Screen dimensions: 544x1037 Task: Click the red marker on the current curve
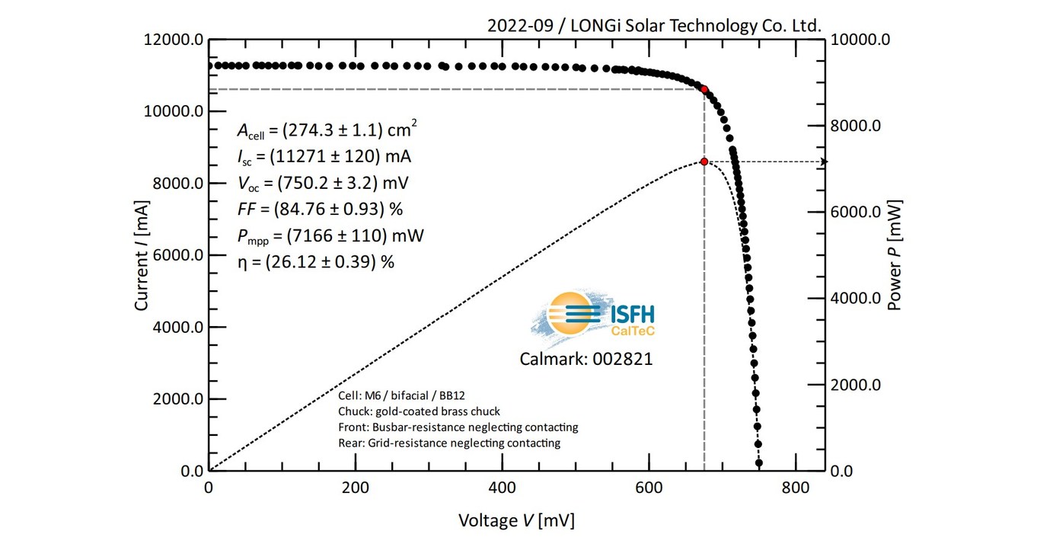(x=704, y=89)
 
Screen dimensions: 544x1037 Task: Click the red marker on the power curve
(x=704, y=162)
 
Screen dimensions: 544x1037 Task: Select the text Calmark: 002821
(x=586, y=359)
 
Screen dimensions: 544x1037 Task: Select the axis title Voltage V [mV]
(x=516, y=521)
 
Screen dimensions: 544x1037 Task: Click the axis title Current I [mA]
(x=142, y=255)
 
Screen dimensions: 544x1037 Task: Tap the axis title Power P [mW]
(x=895, y=255)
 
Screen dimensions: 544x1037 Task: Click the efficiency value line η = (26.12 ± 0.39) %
(x=316, y=261)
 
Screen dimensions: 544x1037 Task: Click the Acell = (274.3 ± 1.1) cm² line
(x=327, y=130)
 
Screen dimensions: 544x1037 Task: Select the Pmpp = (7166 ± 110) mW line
(x=330, y=235)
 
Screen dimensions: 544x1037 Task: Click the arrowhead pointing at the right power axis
(x=823, y=162)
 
